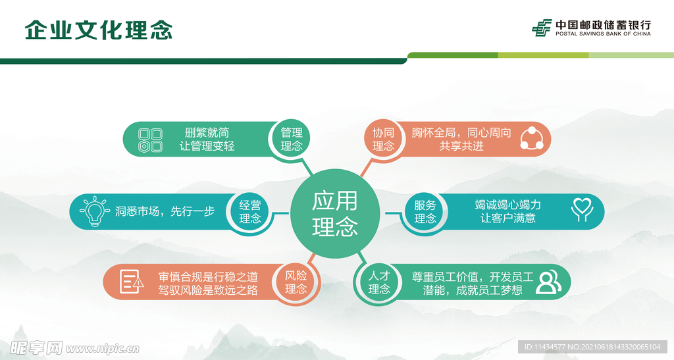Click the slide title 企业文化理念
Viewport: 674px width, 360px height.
click(99, 30)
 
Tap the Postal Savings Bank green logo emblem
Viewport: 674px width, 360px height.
click(542, 28)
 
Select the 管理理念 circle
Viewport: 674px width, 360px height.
click(292, 139)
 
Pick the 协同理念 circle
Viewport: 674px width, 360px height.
click(383, 139)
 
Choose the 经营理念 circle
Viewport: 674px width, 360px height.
click(250, 212)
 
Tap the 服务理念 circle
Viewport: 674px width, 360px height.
click(425, 212)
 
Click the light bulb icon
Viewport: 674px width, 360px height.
click(93, 212)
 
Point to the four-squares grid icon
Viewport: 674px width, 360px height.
click(150, 140)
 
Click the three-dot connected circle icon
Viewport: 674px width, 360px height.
click(531, 139)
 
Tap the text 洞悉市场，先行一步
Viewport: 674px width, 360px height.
click(165, 212)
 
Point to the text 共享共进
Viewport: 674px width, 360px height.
click(461, 146)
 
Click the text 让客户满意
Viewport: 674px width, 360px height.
click(507, 219)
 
